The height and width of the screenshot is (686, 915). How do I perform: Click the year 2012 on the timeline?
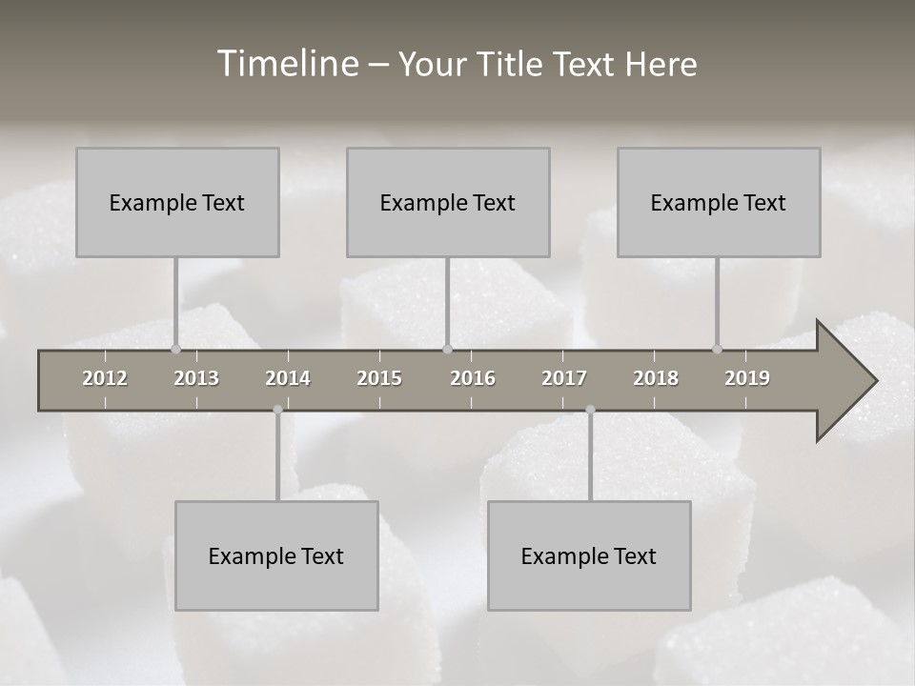pos(105,378)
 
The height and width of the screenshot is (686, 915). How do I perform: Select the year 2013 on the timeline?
pos(196,378)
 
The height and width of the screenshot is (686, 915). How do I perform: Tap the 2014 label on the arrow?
pos(288,378)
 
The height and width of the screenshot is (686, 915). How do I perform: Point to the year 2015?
pos(379,378)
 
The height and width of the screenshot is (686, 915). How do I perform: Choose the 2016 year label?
pos(473,378)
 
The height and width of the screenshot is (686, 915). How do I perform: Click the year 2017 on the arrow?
pos(564,378)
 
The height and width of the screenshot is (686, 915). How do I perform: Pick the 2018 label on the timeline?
pos(656,378)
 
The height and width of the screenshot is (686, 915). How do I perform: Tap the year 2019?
pos(747,378)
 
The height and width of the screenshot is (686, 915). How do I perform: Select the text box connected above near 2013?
pos(177,202)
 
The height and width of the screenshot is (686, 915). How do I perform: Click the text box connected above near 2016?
pos(448,202)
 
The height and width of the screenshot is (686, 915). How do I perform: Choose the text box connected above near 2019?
pos(719,202)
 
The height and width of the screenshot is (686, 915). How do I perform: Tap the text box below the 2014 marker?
pos(276,555)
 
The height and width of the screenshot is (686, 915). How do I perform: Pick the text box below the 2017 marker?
pos(589,555)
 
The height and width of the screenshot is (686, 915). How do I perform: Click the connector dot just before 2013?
pos(175,349)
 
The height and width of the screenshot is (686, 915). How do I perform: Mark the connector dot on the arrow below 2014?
pos(277,410)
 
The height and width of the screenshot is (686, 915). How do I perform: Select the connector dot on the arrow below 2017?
pos(590,410)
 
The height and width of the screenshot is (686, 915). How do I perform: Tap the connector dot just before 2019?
pos(717,349)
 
